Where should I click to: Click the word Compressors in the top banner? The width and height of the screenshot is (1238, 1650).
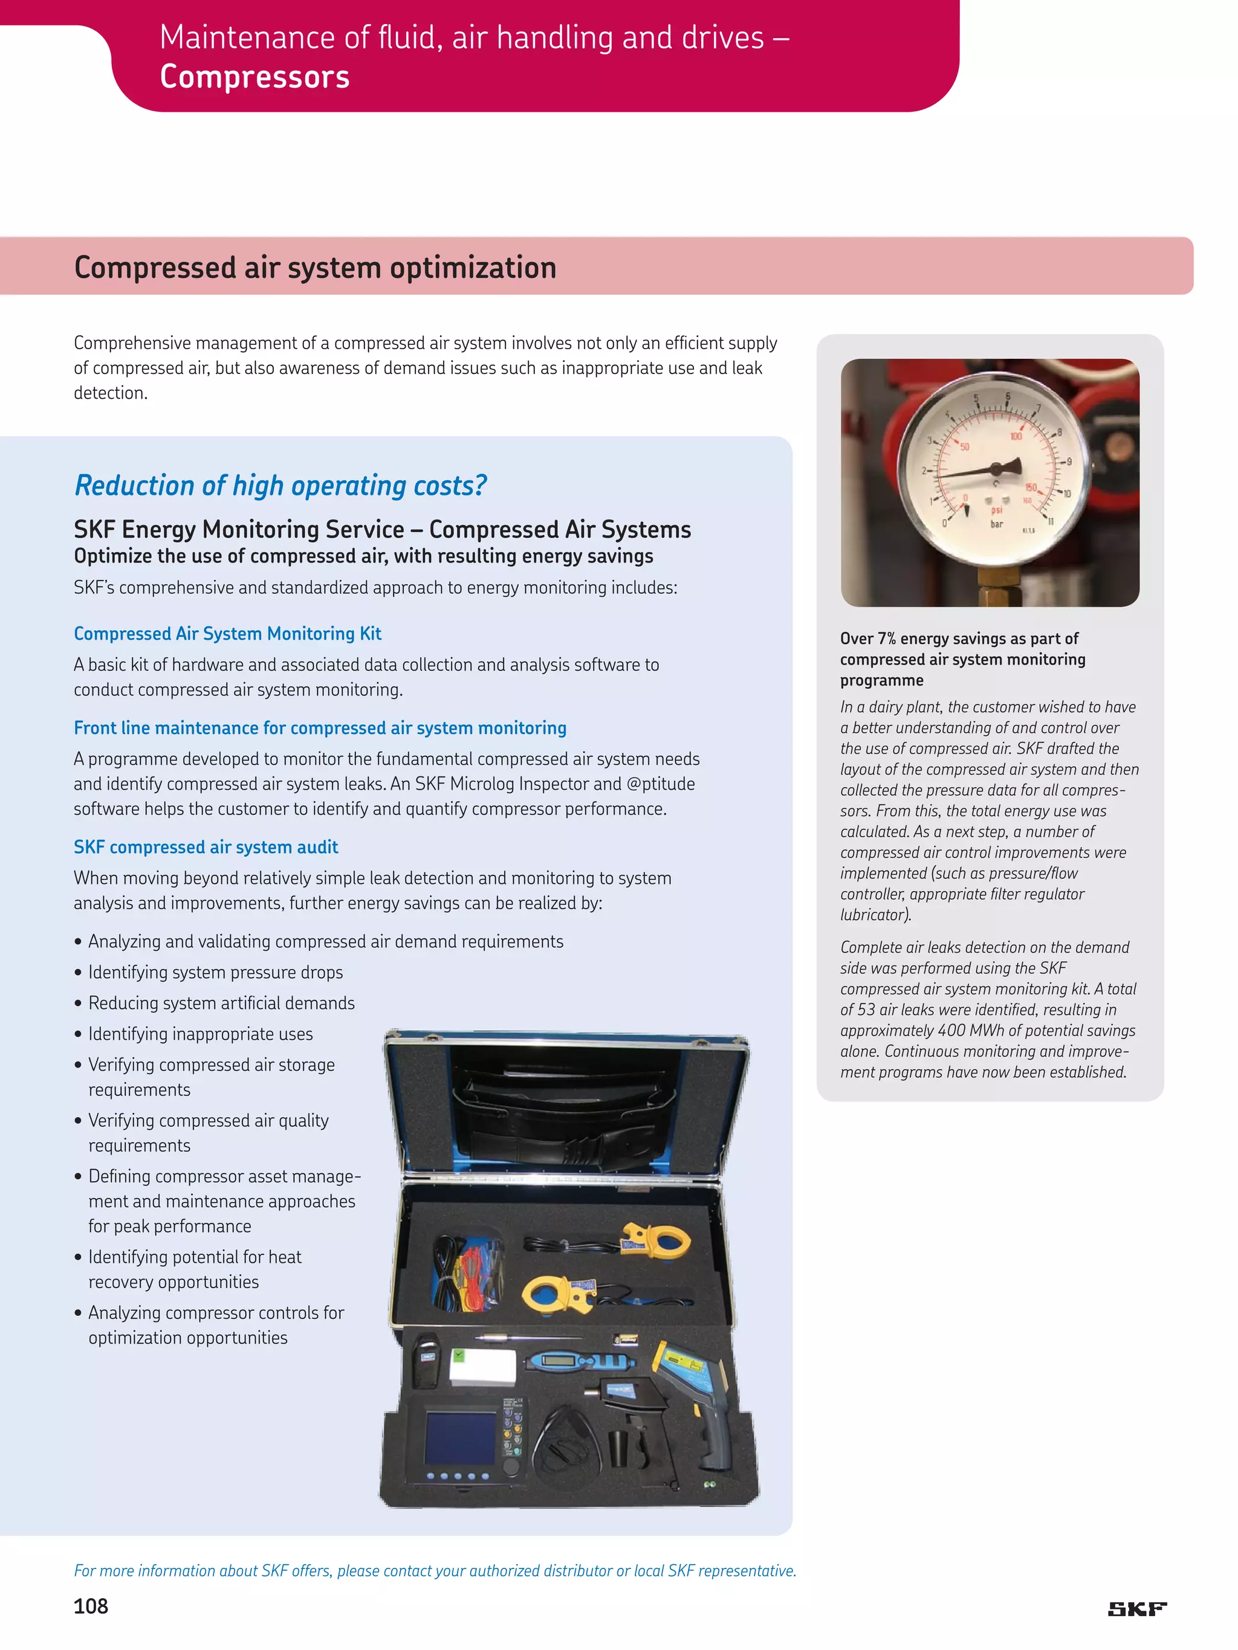pos(254,77)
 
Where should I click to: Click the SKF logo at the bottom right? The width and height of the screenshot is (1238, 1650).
pos(1136,1609)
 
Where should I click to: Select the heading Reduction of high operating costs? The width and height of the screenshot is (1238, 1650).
pos(280,486)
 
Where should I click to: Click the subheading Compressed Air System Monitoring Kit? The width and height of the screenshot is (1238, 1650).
pos(228,633)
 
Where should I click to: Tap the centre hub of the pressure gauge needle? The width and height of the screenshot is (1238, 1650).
pos(995,468)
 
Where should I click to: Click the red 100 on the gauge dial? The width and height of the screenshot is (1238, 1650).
pos(1016,436)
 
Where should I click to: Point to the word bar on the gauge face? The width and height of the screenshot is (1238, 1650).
pos(996,524)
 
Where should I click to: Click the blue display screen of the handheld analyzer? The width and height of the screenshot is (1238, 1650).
pos(459,1437)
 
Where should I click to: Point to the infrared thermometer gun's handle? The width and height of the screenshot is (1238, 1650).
pos(713,1436)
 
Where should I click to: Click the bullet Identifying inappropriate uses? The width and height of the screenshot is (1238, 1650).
pos(200,1034)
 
